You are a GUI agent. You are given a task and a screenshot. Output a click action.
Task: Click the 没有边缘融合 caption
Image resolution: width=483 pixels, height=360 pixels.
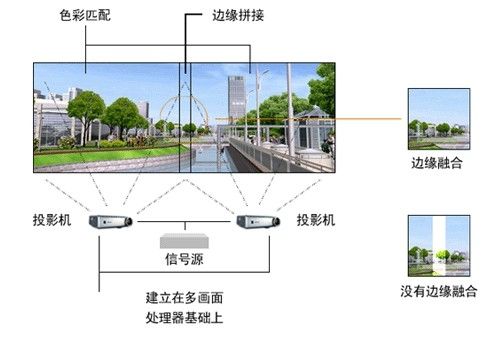437,291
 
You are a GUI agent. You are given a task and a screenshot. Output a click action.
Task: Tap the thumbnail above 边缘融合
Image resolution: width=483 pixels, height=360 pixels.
437,118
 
